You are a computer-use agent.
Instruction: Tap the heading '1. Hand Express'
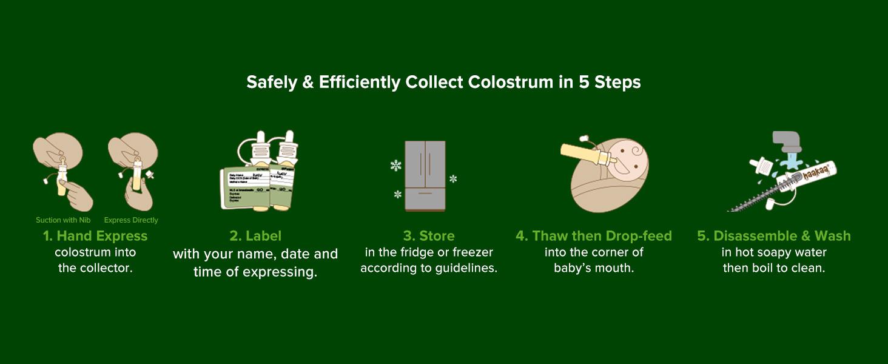[95, 236]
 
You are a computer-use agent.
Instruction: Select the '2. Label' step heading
[255, 236]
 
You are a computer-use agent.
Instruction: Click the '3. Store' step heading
[429, 236]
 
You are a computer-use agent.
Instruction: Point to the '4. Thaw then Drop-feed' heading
[594, 236]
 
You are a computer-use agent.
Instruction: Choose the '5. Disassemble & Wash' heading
[774, 236]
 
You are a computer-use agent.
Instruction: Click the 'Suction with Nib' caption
[63, 220]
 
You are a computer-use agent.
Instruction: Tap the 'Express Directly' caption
[131, 220]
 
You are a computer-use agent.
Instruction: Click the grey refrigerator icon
[425, 176]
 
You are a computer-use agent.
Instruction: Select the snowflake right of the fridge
[453, 179]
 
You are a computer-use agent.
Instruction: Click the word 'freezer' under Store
[473, 252]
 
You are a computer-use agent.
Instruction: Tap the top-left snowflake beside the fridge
[396, 165]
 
